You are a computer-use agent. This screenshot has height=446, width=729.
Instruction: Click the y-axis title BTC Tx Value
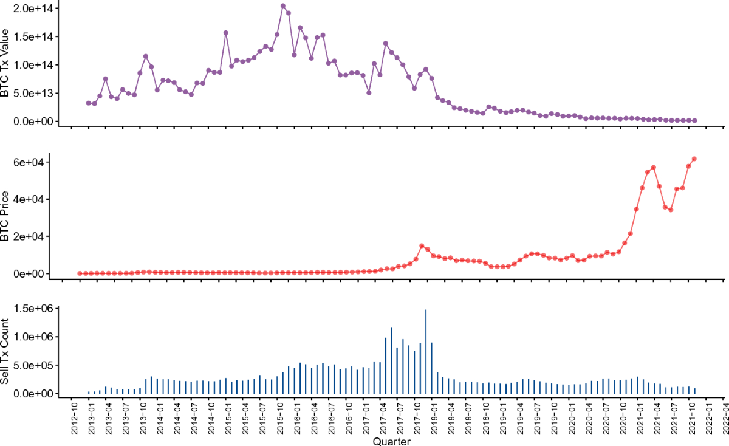6,63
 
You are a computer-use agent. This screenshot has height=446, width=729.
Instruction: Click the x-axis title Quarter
391,442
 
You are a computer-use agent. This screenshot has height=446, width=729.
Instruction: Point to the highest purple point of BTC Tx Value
283,6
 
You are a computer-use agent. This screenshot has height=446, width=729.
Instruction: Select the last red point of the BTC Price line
694,159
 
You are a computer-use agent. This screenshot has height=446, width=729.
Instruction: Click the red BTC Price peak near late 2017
422,245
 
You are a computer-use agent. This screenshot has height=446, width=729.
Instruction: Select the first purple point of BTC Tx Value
89,103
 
